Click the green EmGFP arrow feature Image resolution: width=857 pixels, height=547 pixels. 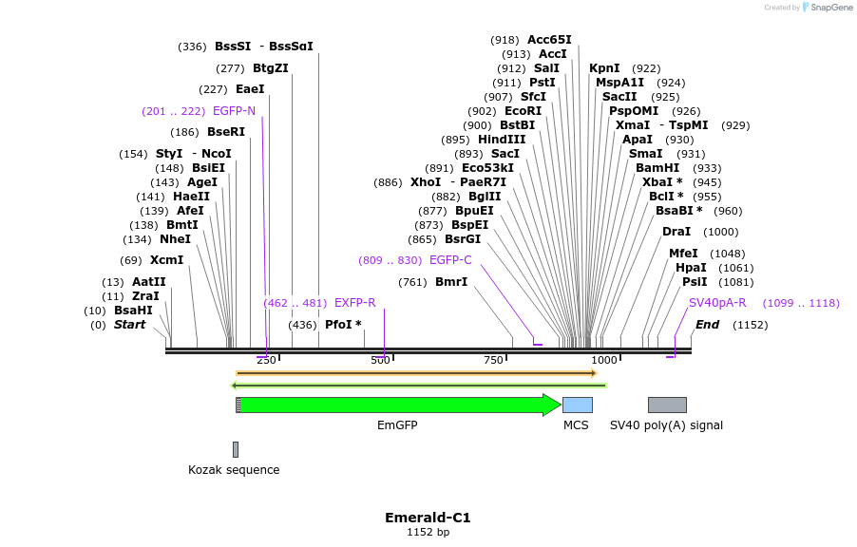tap(399, 405)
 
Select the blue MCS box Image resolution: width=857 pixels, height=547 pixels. tap(577, 405)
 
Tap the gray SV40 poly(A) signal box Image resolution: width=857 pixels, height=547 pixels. tap(666, 405)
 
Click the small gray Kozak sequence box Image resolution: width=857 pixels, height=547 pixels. tap(236, 449)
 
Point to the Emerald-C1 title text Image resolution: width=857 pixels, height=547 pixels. tap(428, 518)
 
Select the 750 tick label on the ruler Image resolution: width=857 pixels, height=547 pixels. tap(493, 360)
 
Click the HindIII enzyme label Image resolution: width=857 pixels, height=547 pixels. tap(502, 140)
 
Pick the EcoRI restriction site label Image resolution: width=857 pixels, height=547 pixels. tap(523, 111)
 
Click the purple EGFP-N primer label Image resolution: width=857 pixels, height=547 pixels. tap(234, 111)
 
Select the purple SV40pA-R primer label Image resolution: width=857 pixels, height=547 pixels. tap(717, 303)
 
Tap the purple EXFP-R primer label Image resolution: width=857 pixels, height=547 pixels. tap(354, 303)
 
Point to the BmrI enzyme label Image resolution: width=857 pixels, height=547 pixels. tap(451, 282)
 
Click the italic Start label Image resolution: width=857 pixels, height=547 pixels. tap(130, 325)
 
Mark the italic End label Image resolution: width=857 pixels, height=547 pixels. tap(707, 325)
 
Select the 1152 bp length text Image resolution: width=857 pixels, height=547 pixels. tap(428, 533)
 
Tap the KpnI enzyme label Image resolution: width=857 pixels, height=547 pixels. tap(604, 68)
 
